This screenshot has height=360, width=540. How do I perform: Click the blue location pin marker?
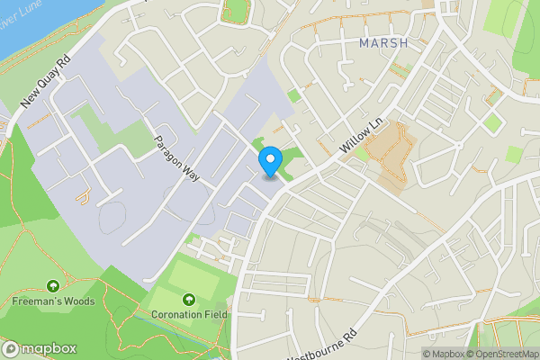[x=269, y=162]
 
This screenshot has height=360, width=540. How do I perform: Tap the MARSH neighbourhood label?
[x=382, y=42]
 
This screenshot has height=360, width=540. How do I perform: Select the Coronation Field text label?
[x=190, y=314]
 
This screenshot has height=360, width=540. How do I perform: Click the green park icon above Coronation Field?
[x=189, y=299]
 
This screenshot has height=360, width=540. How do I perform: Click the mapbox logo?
[x=40, y=348]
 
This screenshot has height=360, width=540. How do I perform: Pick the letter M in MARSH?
[x=364, y=42]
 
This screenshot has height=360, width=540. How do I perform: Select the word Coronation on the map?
[x=175, y=314]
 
